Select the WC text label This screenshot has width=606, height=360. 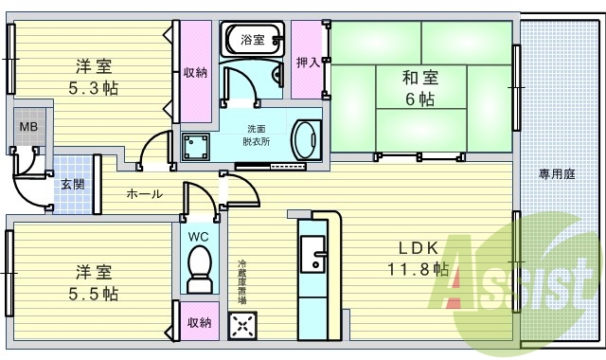pos(199,236)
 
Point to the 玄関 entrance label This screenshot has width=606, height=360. pos(72,184)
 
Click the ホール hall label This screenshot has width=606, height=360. pos(145,194)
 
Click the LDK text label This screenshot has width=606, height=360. pos(417,248)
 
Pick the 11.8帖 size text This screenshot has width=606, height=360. pos(418,269)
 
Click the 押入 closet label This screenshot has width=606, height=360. pos(307,62)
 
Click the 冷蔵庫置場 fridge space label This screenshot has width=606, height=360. pos(242,281)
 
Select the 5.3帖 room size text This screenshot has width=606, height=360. pos(94,86)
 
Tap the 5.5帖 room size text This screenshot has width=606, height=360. pos(93,293)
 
